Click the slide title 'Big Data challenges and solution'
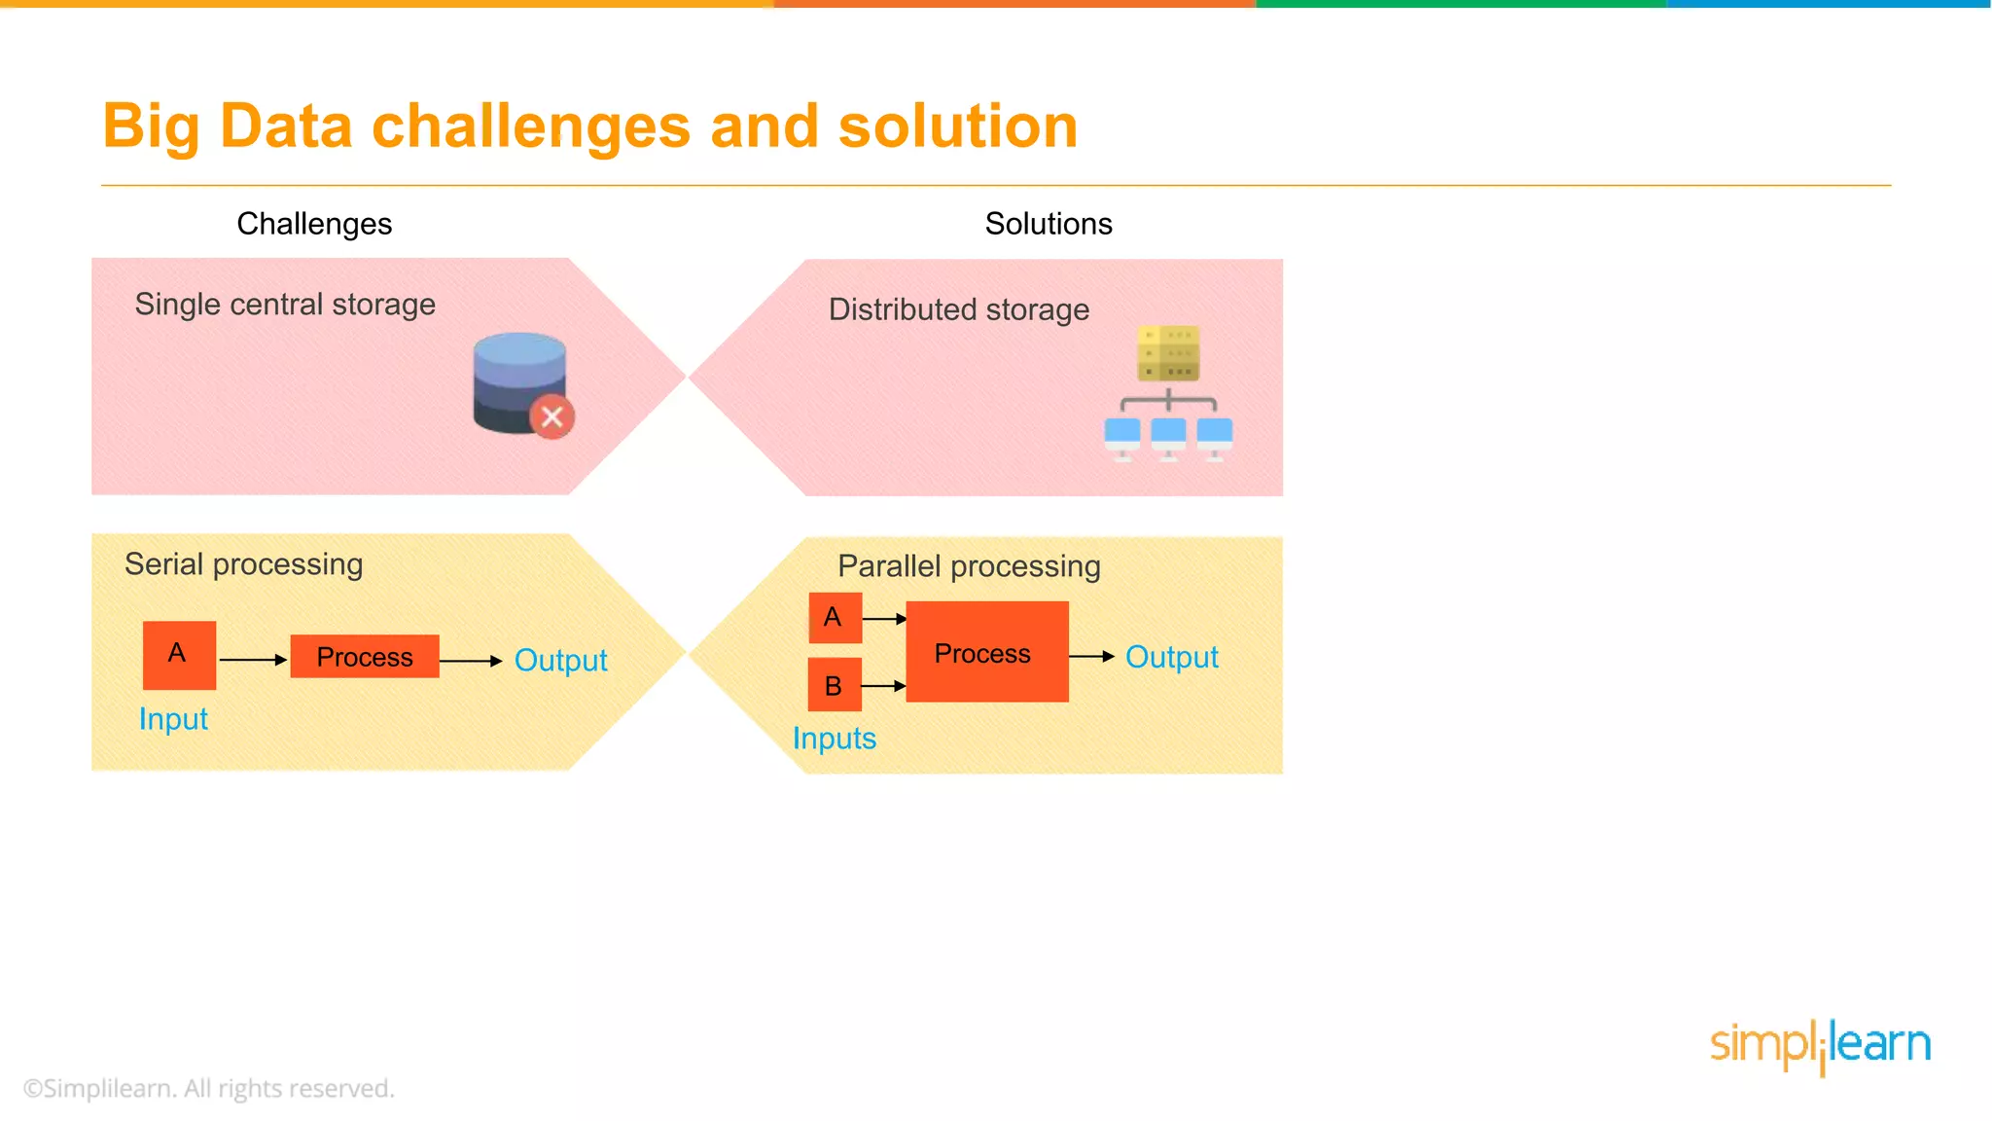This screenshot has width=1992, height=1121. coord(589,127)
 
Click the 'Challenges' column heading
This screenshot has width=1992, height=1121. coord(314,224)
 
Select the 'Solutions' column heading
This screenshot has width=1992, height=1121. coord(1048,224)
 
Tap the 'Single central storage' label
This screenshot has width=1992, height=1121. coord(285,305)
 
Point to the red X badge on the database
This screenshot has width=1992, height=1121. coord(551,417)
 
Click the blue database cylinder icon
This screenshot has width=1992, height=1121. coord(518,380)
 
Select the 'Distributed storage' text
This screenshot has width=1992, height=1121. coord(958,309)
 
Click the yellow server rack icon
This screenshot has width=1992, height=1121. coord(1168,353)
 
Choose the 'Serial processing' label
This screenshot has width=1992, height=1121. coord(243,564)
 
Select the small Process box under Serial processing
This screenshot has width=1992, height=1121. coord(365,657)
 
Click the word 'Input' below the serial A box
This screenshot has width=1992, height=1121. coord(173,719)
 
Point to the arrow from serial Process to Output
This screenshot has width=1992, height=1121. coord(470,661)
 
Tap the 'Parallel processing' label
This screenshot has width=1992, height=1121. coord(969,566)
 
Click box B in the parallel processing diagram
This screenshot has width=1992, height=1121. coord(835,685)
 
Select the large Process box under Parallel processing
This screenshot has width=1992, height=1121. coord(986,652)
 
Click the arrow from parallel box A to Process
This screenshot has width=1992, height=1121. coord(884,618)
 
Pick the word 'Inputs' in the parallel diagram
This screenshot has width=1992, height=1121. coord(834,739)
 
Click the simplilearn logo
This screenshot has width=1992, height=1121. coord(1820,1046)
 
